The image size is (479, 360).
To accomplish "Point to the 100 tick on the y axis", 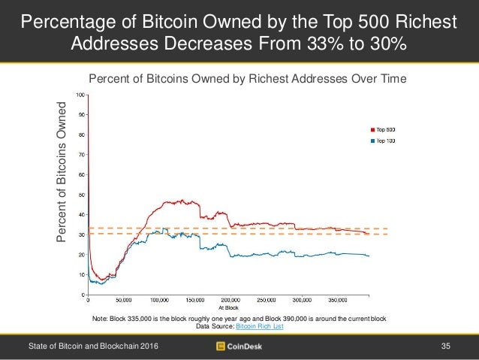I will pyautogui.click(x=80, y=95).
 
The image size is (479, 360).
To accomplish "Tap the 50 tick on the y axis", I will pyautogui.click(x=82, y=195).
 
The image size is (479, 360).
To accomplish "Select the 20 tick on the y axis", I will pyautogui.click(x=82, y=255).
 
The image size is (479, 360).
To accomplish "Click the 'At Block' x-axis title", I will pyautogui.click(x=228, y=307).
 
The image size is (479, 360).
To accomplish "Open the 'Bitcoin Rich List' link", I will pyautogui.click(x=260, y=326).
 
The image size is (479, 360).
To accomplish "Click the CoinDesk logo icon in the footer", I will pyautogui.click(x=221, y=346).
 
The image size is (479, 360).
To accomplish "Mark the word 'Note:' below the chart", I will pyautogui.click(x=101, y=319).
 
